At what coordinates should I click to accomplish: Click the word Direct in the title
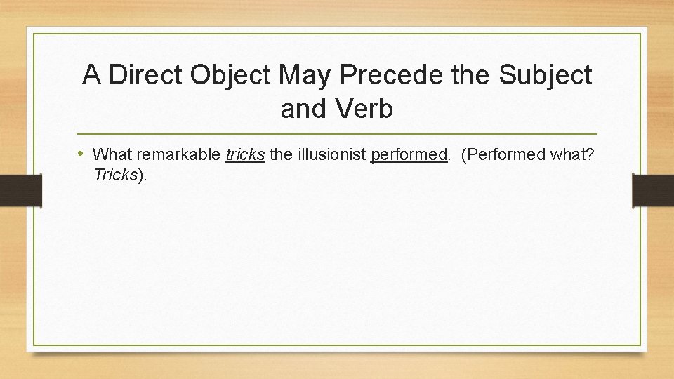[x=147, y=75]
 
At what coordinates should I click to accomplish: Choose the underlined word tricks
[x=245, y=154]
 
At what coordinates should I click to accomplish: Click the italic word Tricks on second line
[x=115, y=175]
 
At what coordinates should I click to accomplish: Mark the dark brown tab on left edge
[x=20, y=190]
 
